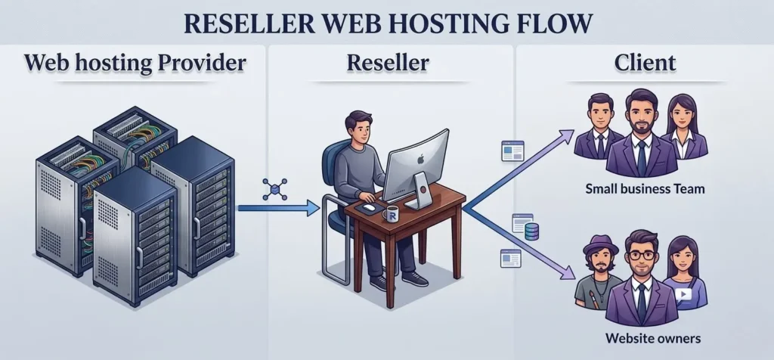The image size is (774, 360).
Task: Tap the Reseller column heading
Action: pos(387,63)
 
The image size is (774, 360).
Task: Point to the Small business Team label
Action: pos(645,188)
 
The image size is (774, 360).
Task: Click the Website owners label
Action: pos(645,337)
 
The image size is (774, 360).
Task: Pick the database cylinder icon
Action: pos(531,232)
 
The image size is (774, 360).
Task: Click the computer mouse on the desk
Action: pos(369,206)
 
